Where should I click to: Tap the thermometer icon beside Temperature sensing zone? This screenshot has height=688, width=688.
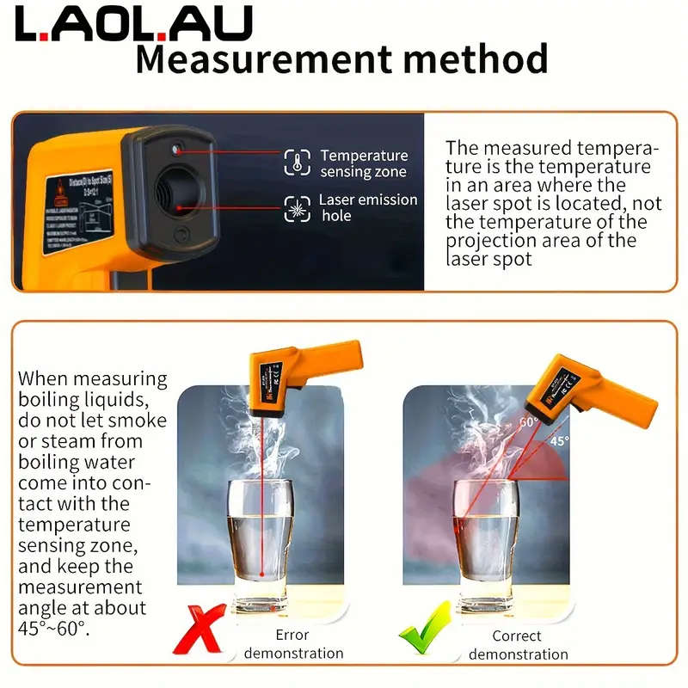296,163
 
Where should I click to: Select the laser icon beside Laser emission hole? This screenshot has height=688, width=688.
296,207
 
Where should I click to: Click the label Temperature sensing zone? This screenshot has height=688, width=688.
363,163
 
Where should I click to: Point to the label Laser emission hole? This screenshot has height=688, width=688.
367,207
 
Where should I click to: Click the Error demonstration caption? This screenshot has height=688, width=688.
292,644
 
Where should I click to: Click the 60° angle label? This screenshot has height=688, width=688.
527,422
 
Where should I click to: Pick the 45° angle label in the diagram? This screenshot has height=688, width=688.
560,440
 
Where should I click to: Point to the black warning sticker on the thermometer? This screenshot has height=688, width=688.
78,211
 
